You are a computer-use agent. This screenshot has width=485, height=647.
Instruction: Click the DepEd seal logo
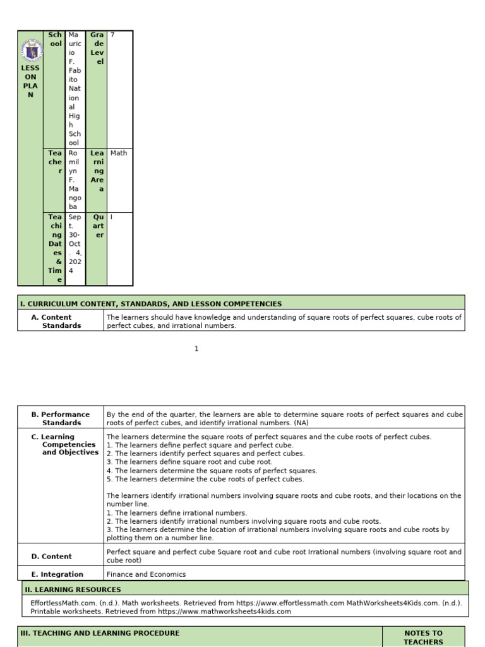click(x=30, y=49)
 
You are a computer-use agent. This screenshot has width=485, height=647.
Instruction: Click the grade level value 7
click(x=112, y=35)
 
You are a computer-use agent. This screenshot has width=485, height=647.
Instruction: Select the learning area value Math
click(x=118, y=154)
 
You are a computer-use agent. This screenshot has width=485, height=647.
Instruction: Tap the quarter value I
click(x=112, y=217)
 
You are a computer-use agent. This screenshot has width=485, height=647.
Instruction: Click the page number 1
click(x=196, y=349)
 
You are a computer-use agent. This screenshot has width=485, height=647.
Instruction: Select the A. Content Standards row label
click(x=57, y=321)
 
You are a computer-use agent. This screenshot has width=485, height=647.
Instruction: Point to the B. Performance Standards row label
click(x=61, y=418)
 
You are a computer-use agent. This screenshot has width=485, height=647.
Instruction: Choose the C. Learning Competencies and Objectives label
click(x=66, y=445)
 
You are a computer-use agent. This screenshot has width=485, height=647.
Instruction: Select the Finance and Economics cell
click(x=146, y=574)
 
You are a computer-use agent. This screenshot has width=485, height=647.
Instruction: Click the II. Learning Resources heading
click(x=73, y=590)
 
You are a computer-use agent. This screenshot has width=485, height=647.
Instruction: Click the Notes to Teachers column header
click(x=423, y=637)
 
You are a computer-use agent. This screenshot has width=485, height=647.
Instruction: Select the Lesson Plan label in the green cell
click(x=30, y=82)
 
